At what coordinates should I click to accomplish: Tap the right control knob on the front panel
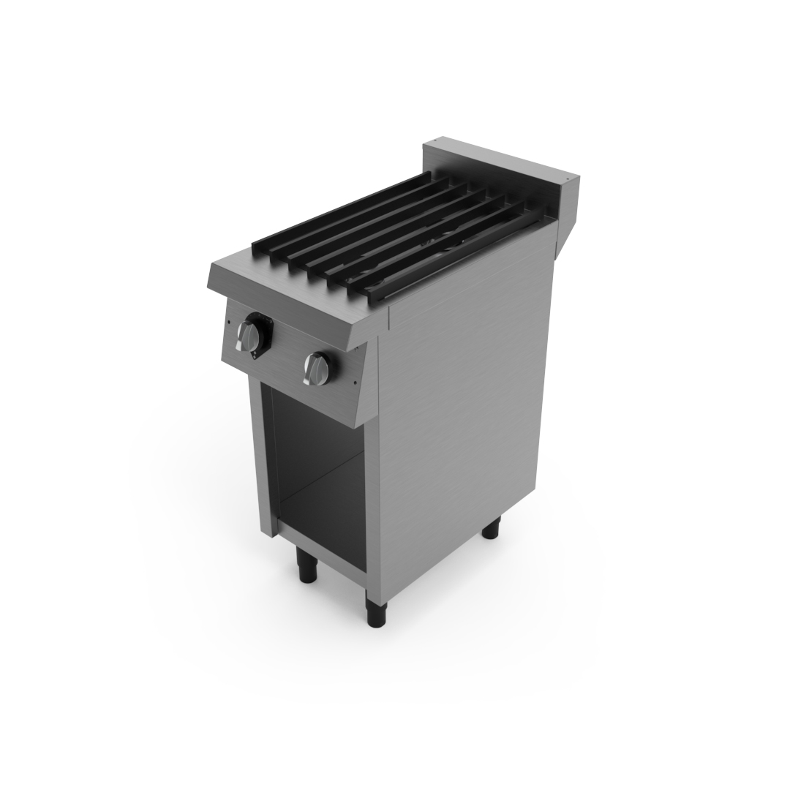point(317,369)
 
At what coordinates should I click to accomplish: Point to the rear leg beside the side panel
point(490,527)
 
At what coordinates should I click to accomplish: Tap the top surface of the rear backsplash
point(497,157)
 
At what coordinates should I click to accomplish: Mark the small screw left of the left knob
point(228,322)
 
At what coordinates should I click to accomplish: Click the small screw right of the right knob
point(354,382)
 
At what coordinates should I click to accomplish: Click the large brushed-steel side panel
point(461,410)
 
